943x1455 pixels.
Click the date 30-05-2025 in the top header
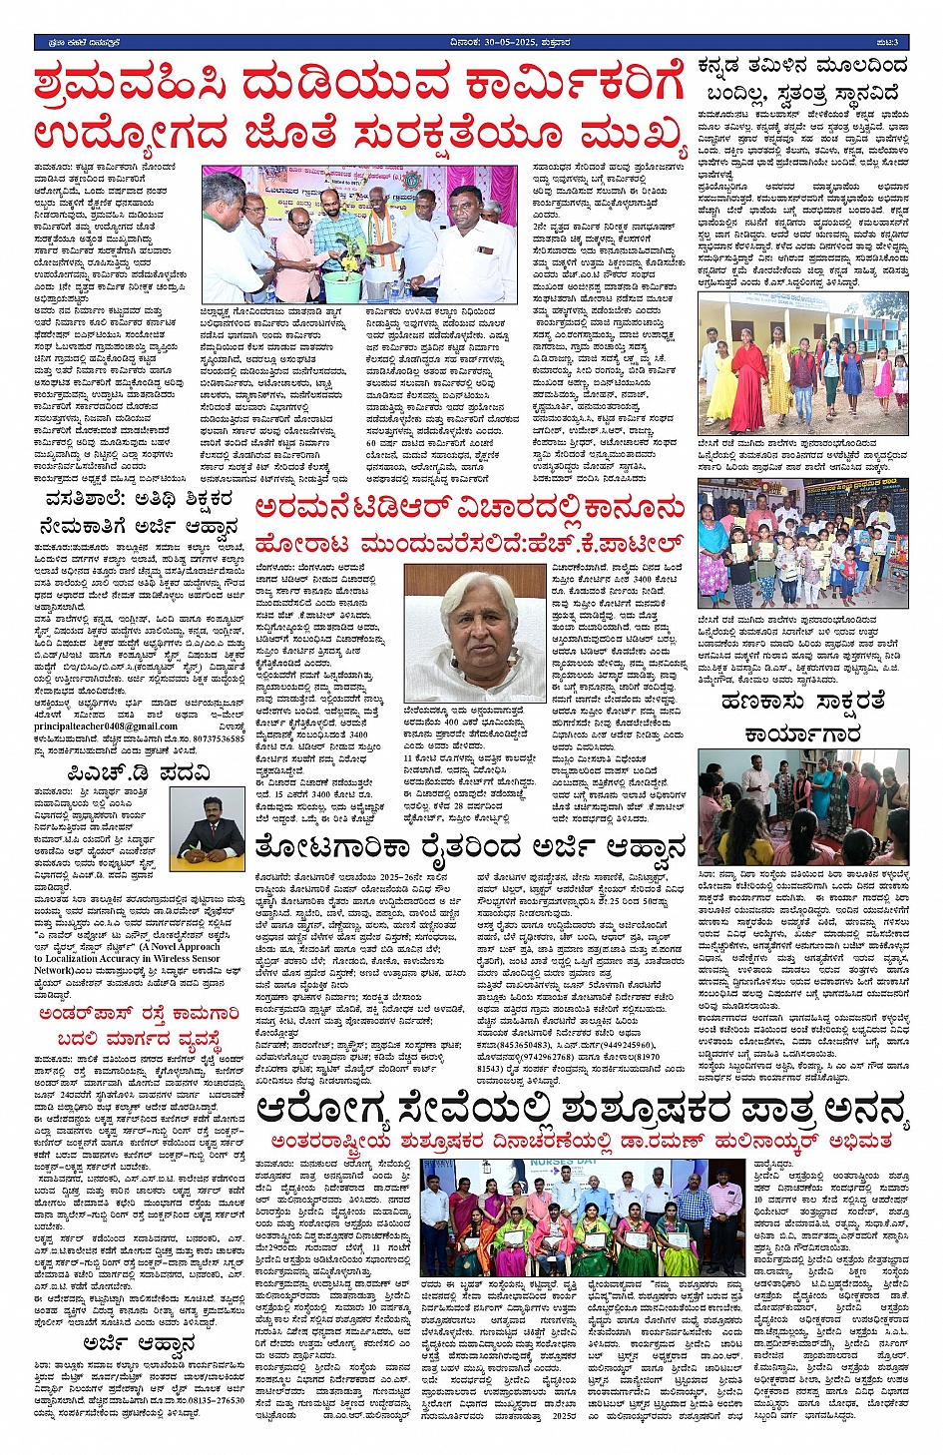point(521,42)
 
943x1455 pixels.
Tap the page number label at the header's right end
point(888,42)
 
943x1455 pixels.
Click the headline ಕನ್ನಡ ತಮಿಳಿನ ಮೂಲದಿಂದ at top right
point(802,67)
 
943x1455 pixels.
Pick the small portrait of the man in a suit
point(211,829)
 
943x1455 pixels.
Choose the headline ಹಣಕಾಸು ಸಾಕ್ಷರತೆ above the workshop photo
point(802,702)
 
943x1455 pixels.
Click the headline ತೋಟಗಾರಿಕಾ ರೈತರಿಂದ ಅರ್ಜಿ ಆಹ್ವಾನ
point(470,848)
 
